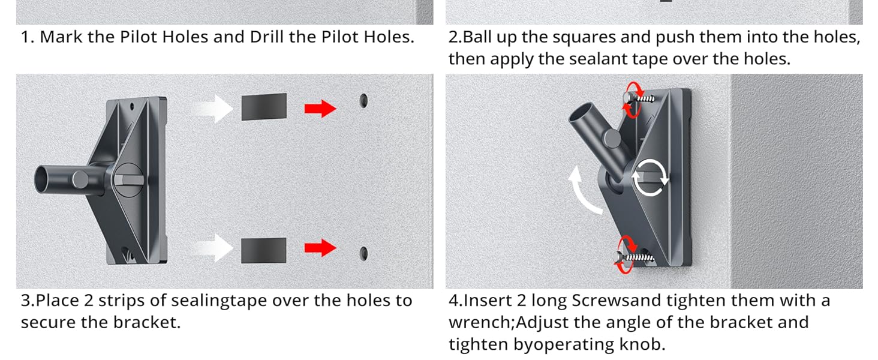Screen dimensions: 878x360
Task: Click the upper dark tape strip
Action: (264, 107)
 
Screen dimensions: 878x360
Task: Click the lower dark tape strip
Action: (263, 250)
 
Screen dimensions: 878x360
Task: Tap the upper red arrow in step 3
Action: (320, 109)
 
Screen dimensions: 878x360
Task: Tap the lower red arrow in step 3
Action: (320, 248)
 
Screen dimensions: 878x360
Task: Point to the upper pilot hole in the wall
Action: (364, 101)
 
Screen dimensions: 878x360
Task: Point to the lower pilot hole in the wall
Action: (364, 254)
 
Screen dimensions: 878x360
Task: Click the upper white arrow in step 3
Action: (214, 109)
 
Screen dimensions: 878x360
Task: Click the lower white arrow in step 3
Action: (214, 248)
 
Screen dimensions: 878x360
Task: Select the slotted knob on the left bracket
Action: (128, 180)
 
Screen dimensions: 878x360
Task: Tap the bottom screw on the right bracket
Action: (635, 257)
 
